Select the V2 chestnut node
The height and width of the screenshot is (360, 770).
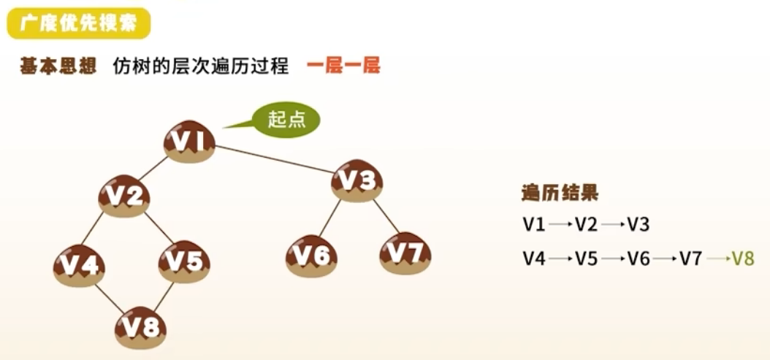[124, 196]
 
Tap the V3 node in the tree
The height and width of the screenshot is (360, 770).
[357, 180]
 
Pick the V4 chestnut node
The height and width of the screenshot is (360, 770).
[79, 266]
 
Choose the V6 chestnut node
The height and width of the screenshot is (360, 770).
[311, 255]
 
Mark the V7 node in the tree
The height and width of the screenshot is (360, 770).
[405, 253]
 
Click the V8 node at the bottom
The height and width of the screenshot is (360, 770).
[140, 328]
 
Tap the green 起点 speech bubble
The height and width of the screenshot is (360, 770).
[286, 120]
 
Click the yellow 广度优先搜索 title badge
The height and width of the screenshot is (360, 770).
[78, 24]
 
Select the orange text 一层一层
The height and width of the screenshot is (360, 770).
[343, 66]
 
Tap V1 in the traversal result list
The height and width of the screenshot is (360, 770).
[534, 224]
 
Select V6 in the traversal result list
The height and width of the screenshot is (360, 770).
[639, 258]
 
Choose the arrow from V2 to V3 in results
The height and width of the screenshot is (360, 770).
[611, 225]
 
